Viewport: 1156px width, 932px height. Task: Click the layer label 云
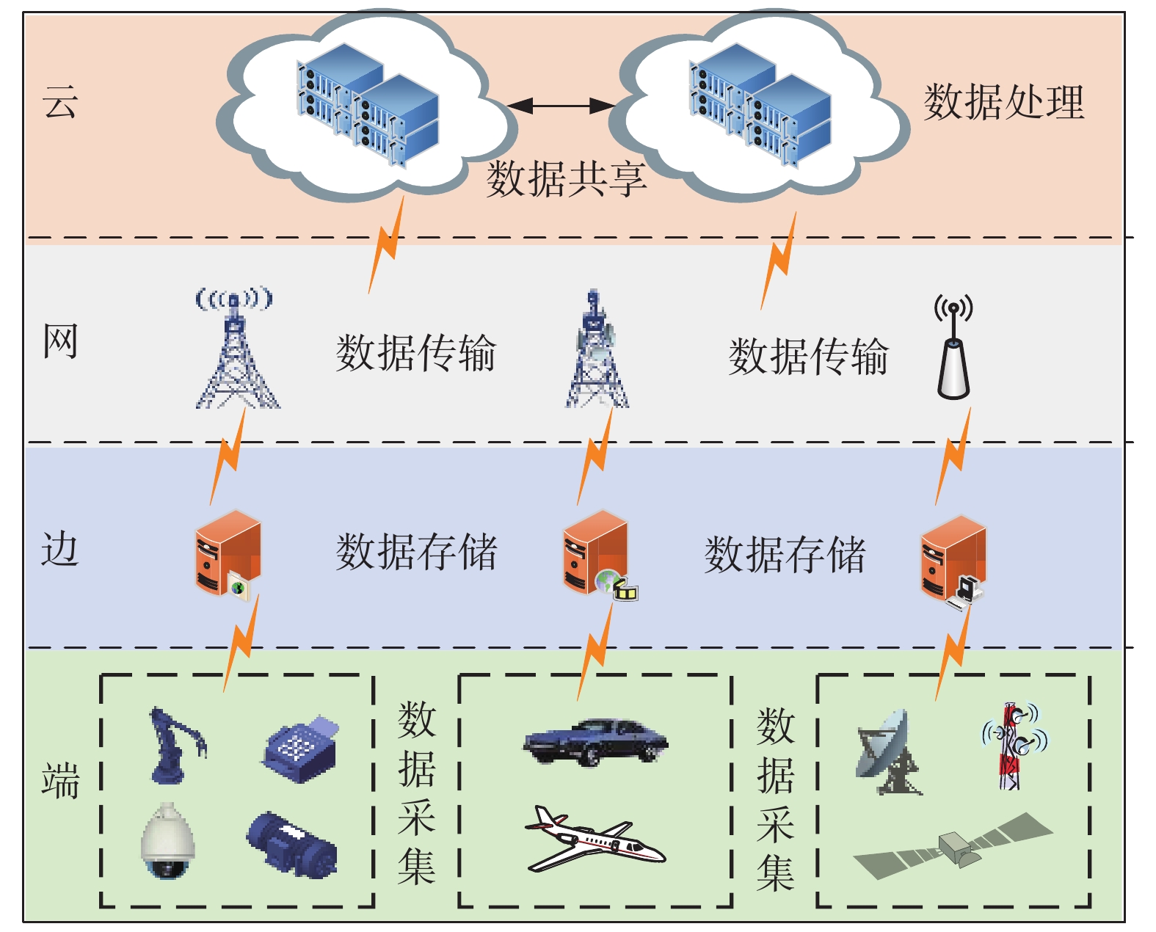tap(60, 101)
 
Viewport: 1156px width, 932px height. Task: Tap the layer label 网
tap(60, 341)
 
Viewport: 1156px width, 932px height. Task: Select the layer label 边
tap(60, 548)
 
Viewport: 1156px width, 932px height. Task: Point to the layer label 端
tap(60, 780)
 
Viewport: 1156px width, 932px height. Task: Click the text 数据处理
tap(1003, 101)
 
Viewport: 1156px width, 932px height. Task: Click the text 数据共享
tap(566, 178)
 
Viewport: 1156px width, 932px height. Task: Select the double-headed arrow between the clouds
tap(561, 106)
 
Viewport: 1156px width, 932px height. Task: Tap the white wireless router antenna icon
tap(953, 346)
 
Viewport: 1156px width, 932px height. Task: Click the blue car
tap(595, 741)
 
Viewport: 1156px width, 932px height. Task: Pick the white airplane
tap(595, 839)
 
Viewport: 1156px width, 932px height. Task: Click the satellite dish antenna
tap(889, 752)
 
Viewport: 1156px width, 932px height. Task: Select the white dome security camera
tap(167, 841)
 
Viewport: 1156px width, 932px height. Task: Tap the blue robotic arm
tap(178, 745)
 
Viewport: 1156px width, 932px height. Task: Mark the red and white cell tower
tap(1014, 746)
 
